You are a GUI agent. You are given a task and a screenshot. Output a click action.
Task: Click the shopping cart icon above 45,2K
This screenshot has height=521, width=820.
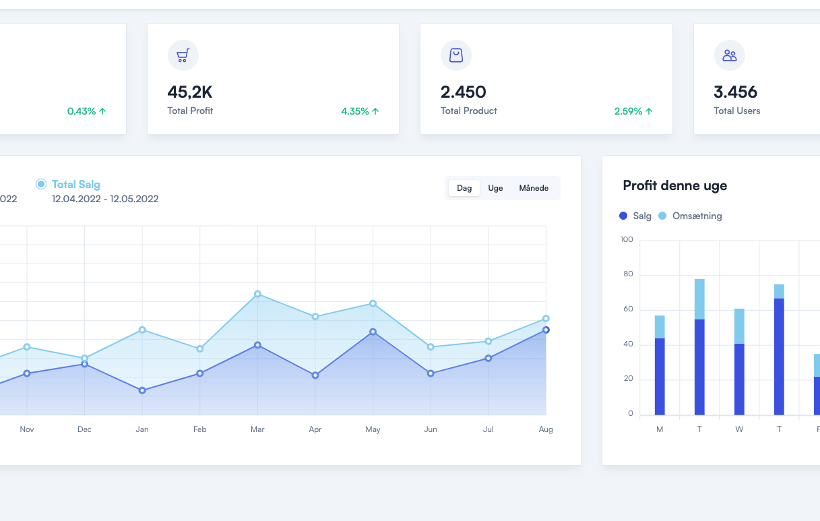(183, 55)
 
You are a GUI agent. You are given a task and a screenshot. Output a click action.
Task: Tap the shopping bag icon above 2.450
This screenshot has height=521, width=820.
(456, 55)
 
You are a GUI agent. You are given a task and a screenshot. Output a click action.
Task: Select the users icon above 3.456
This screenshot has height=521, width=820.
(729, 55)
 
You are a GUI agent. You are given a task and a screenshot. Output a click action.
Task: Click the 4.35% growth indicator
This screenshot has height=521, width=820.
(360, 111)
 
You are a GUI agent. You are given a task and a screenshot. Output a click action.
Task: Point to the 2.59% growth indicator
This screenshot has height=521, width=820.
(633, 111)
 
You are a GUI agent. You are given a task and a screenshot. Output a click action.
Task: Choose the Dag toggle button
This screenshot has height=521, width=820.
(464, 188)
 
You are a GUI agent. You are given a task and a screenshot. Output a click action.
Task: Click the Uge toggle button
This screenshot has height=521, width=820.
(495, 188)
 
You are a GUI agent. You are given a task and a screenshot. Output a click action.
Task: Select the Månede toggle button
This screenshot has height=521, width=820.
(534, 188)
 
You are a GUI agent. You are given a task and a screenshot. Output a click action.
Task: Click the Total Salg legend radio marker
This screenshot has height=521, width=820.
(41, 184)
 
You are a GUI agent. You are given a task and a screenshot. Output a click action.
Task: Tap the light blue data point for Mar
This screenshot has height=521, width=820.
(257, 294)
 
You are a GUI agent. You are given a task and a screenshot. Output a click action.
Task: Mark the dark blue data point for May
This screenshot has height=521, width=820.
(373, 332)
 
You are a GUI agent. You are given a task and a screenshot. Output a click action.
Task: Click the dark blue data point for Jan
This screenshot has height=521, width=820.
(142, 390)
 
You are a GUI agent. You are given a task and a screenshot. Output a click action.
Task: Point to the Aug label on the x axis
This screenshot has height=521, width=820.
(546, 429)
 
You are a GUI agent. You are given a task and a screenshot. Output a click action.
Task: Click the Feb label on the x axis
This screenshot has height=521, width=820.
(199, 429)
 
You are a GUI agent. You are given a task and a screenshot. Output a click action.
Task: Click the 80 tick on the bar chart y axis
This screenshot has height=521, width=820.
(628, 274)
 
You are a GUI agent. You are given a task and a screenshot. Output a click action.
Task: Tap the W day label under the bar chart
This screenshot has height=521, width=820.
(739, 430)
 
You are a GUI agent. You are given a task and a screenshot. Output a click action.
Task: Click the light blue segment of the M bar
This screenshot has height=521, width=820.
(660, 327)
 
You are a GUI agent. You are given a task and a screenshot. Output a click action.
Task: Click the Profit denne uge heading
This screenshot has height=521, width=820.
(674, 185)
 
